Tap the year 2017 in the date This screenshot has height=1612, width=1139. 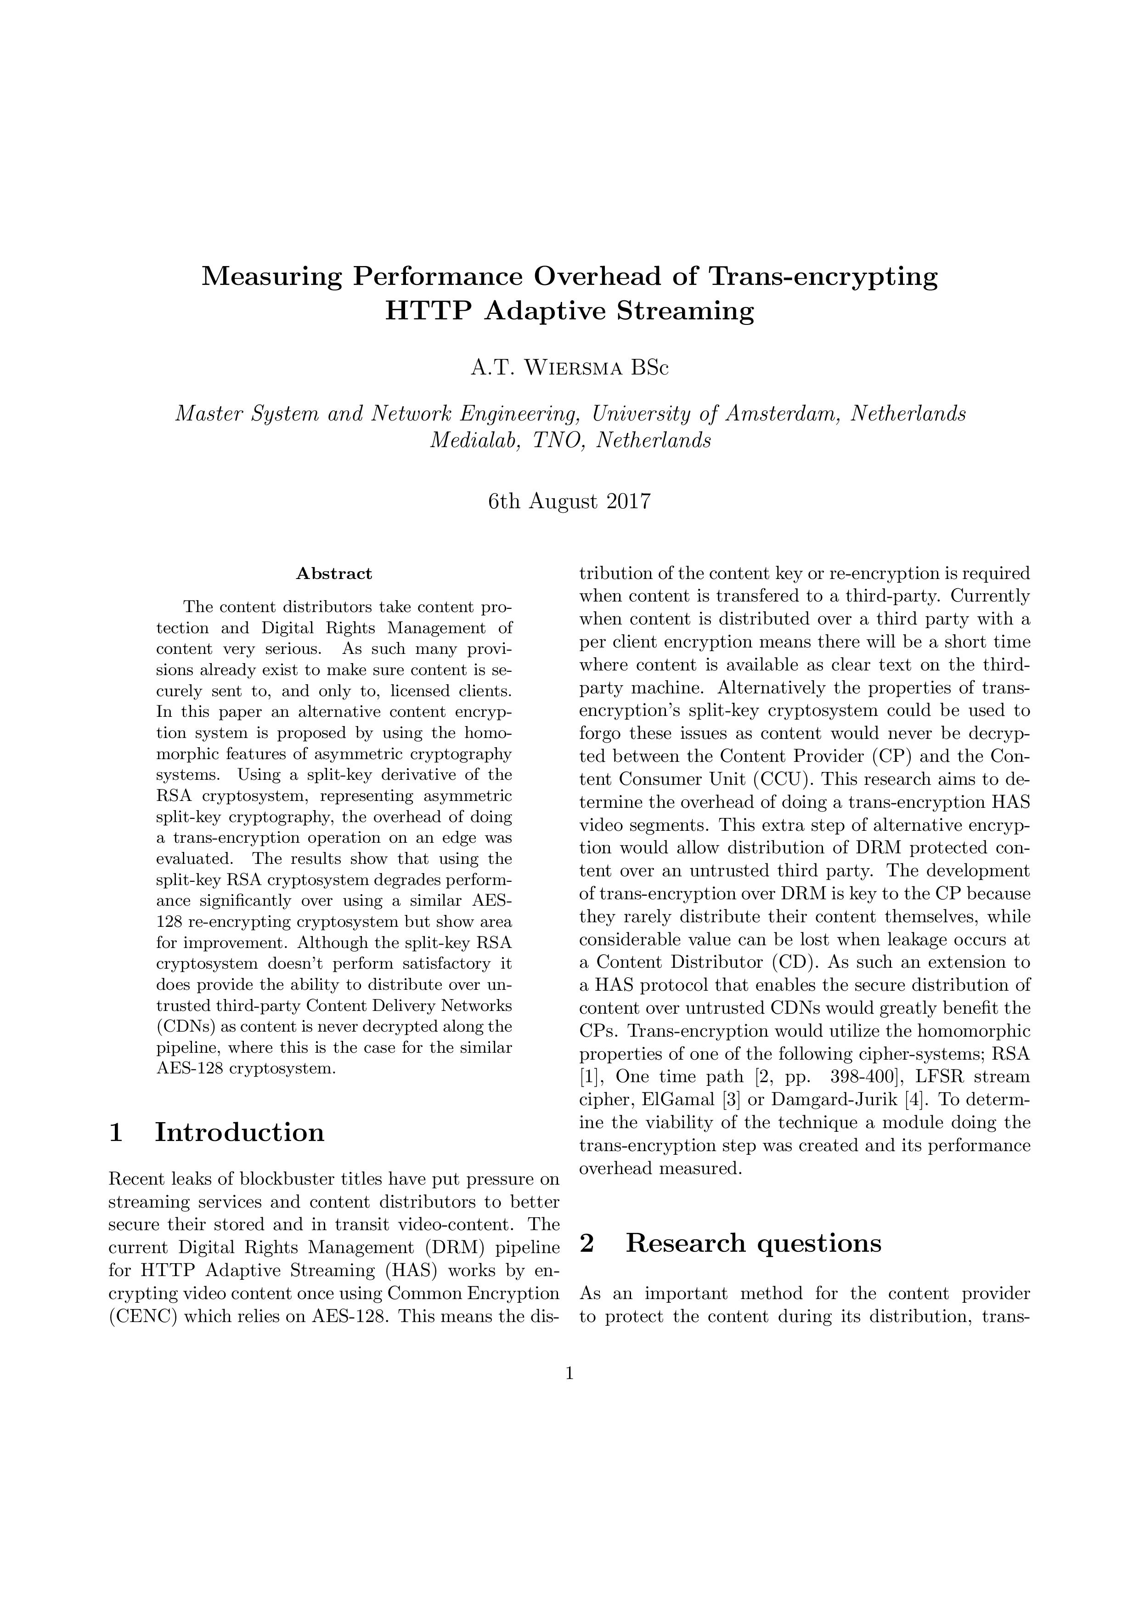click(x=627, y=502)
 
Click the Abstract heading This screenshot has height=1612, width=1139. click(x=334, y=573)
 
